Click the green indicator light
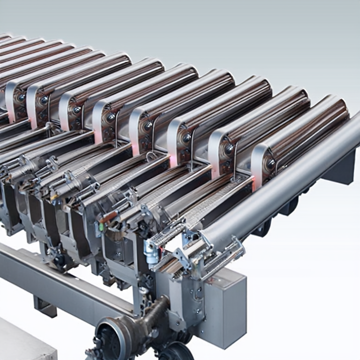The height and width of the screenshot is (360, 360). point(100,227)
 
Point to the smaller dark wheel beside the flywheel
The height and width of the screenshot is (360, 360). point(176,351)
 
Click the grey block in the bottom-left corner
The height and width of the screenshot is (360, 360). point(23,340)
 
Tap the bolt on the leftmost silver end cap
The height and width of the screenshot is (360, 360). point(21,97)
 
